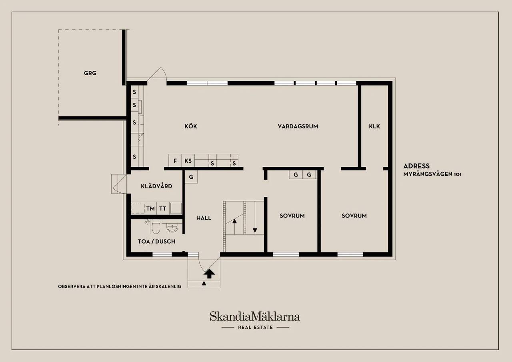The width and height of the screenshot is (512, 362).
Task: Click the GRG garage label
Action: click(90, 73)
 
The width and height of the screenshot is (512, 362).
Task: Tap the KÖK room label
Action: click(191, 126)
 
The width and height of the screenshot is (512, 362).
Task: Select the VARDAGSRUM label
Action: click(298, 126)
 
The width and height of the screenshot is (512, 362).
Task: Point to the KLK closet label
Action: click(374, 126)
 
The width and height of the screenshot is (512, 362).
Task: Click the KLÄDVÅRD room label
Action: click(156, 186)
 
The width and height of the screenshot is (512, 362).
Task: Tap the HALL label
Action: click(204, 218)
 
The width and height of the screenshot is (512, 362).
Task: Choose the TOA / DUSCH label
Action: click(156, 242)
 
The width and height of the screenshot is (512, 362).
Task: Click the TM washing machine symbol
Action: click(151, 208)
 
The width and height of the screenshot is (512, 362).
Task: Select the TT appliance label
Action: click(163, 209)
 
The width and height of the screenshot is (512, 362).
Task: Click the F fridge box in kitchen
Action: click(175, 160)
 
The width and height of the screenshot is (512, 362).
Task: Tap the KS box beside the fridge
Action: click(188, 160)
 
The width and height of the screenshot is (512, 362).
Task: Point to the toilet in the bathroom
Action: click(156, 226)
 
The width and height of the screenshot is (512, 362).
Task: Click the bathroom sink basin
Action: click(172, 228)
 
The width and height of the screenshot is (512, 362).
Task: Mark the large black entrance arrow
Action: click(209, 274)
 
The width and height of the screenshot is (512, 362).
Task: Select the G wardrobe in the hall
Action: click(191, 177)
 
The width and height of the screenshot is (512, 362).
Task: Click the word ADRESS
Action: click(416, 166)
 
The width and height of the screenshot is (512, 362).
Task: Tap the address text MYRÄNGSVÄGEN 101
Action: click(432, 174)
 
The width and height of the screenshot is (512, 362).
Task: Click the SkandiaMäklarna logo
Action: click(255, 317)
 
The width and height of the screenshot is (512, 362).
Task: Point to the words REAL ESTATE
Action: click(255, 328)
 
